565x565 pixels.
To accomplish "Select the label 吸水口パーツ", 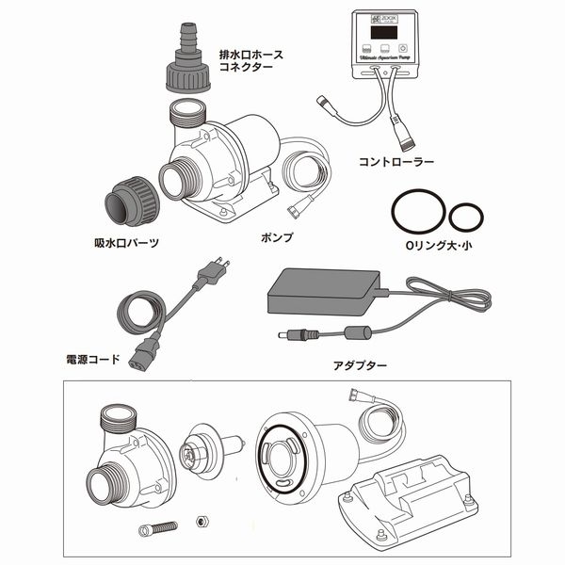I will point(126,243).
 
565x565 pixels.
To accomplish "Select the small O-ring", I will point(466,217).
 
